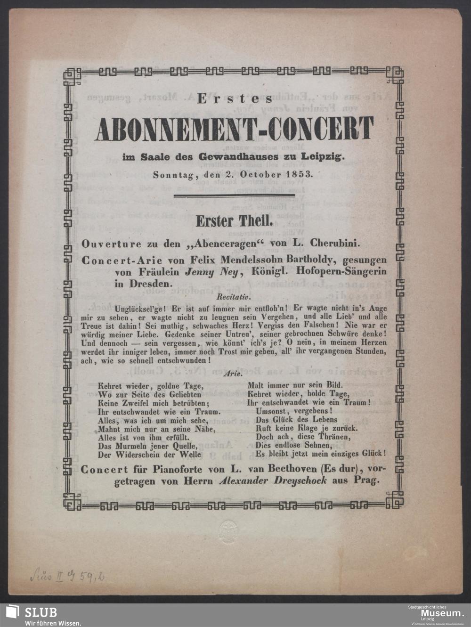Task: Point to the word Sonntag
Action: coord(171,174)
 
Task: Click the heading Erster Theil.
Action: coord(234,220)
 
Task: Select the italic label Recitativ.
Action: coord(234,297)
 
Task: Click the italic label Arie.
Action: coord(235,375)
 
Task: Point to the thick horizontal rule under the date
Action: coord(234,194)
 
